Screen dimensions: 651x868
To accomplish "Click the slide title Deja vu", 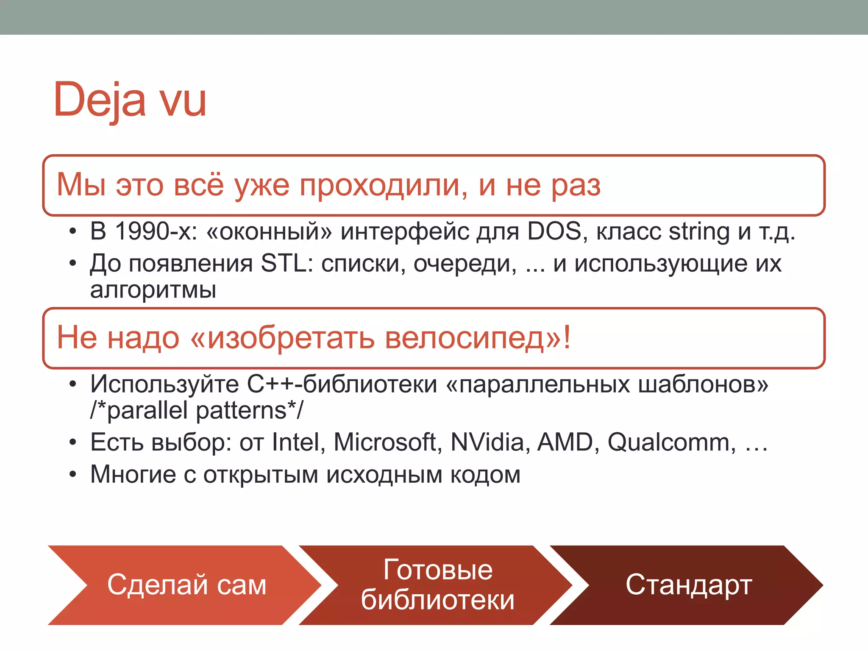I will pyautogui.click(x=130, y=100).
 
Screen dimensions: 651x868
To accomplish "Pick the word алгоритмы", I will pyautogui.click(x=153, y=290).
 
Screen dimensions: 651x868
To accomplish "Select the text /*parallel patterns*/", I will pyautogui.click(x=197, y=411).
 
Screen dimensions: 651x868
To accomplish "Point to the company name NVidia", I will pyautogui.click(x=490, y=442).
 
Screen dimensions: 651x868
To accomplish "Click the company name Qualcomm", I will pyautogui.click(x=671, y=442).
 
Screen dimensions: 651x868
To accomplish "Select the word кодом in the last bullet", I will pyautogui.click(x=485, y=475).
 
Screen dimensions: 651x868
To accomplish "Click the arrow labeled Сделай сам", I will pyautogui.click(x=186, y=585).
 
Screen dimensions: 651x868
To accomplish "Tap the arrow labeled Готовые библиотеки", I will pyautogui.click(x=437, y=585).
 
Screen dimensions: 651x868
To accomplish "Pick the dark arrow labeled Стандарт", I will pyautogui.click(x=688, y=585).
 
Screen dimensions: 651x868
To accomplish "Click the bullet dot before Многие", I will pyautogui.click(x=73, y=475).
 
